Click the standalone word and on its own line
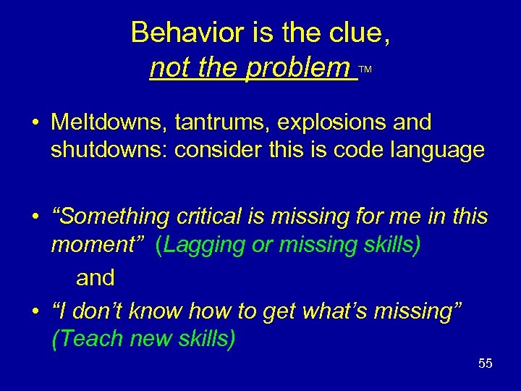click(96, 277)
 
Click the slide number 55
click(485, 363)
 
